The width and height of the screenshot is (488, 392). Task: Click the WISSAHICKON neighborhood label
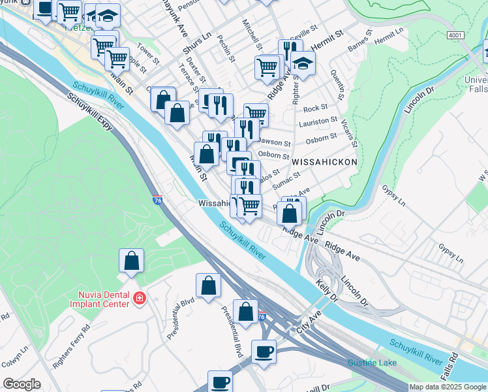click(324, 161)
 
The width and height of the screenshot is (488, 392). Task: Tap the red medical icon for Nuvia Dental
click(139, 299)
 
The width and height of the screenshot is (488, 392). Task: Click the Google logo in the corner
click(22, 384)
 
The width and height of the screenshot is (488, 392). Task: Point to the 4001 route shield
click(456, 34)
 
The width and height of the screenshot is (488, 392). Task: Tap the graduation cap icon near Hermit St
click(303, 62)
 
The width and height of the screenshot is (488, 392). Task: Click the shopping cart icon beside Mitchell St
click(267, 66)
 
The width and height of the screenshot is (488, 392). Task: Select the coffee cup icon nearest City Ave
click(264, 351)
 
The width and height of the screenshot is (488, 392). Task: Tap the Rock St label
click(315, 108)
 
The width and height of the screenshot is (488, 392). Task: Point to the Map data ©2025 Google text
click(448, 387)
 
